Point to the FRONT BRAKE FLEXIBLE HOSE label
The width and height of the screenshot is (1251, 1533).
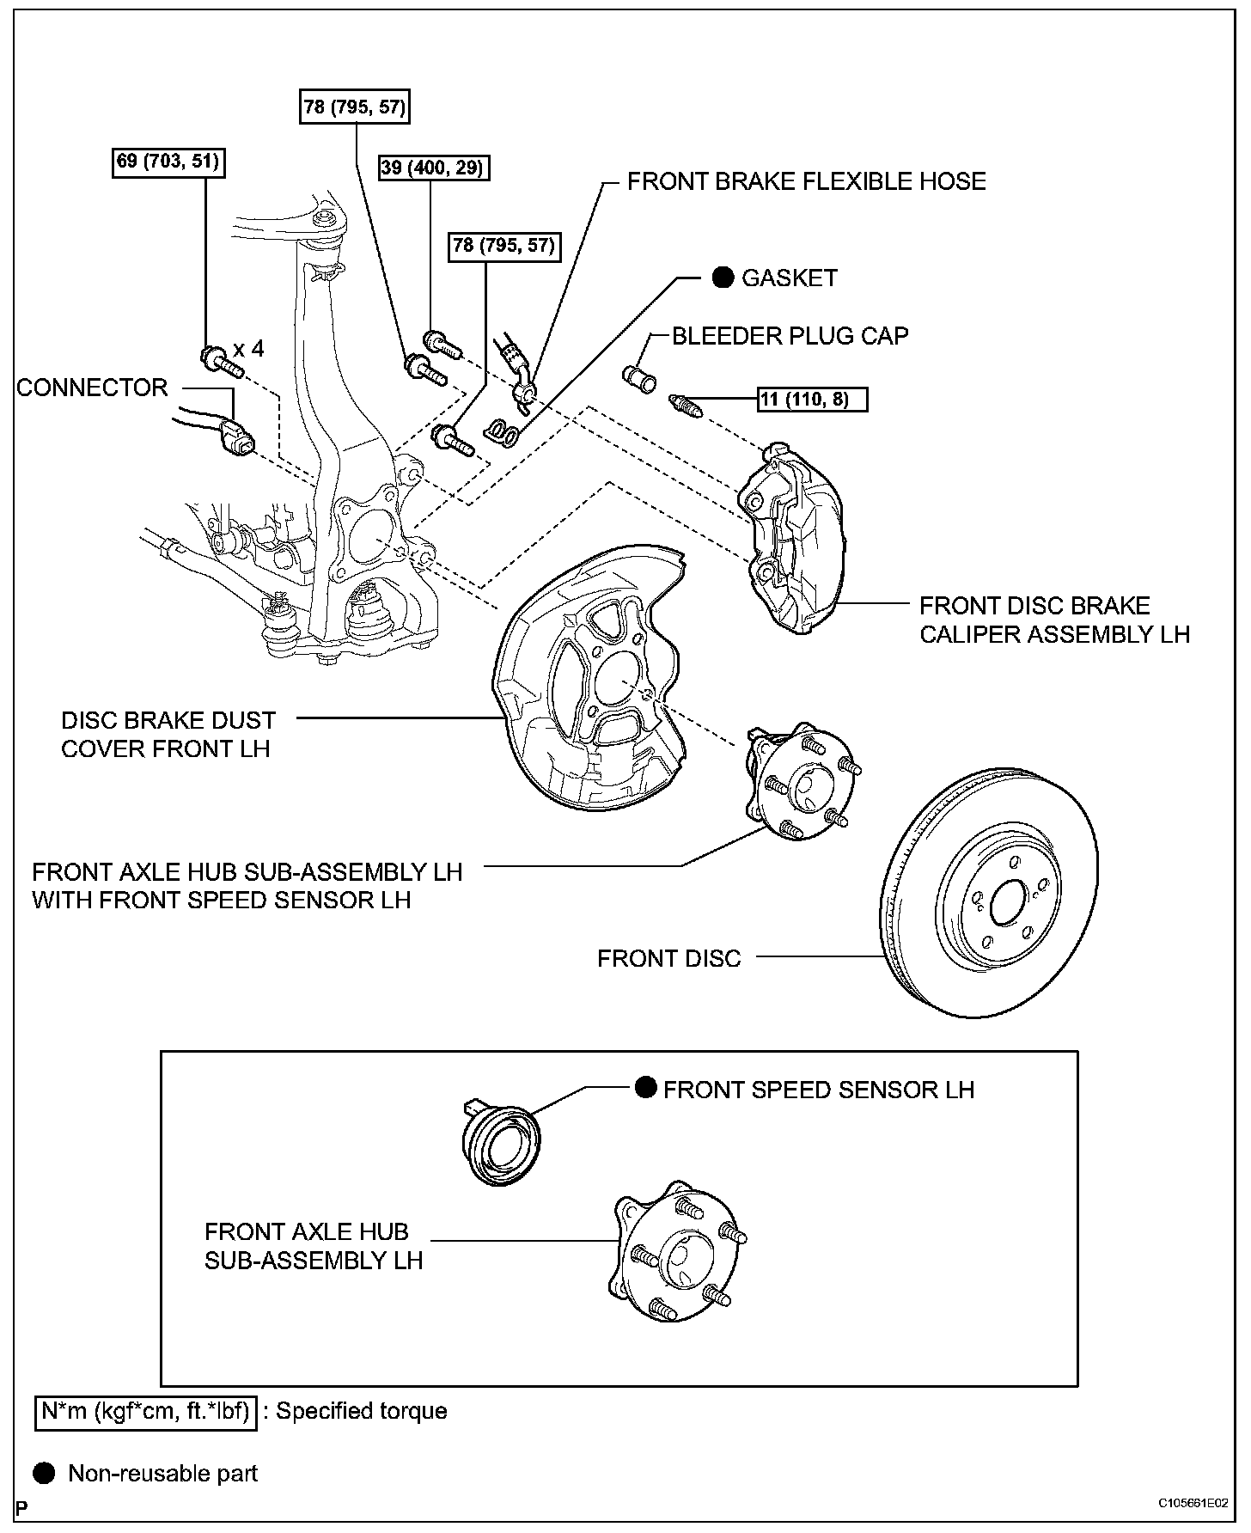coord(806,181)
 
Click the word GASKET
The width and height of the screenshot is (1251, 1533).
coord(789,278)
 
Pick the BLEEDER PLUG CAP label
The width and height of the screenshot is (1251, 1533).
coord(790,335)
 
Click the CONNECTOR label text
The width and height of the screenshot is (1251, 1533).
coord(92,388)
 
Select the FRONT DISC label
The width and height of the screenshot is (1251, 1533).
coord(668,958)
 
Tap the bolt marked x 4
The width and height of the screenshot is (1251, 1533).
coord(219,362)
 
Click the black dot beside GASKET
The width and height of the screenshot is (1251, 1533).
coord(723,278)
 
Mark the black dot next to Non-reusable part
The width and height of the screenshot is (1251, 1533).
coord(45,1473)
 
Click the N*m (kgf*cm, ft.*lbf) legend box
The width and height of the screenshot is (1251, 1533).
coord(145,1411)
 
